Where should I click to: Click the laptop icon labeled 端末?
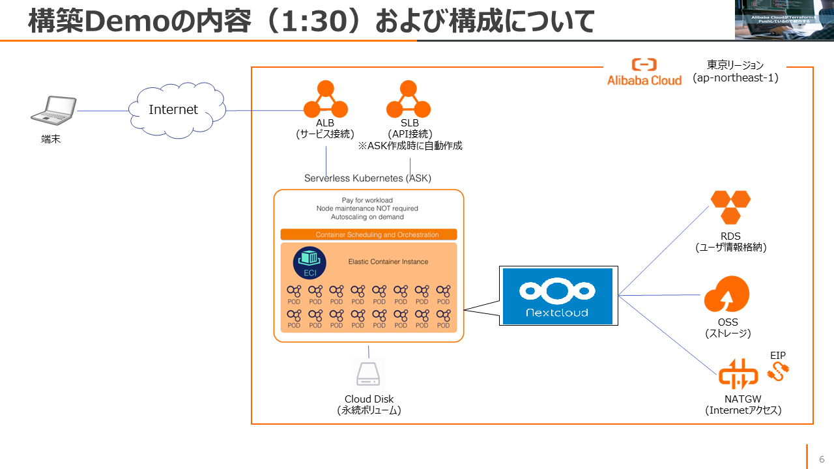pyautogui.click(x=53, y=110)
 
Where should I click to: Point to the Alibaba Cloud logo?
pyautogui.click(x=644, y=72)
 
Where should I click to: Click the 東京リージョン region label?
pyautogui.click(x=735, y=65)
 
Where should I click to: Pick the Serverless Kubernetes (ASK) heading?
pyautogui.click(x=367, y=178)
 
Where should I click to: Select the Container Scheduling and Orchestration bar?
pyautogui.click(x=369, y=234)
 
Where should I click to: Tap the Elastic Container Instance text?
pyautogui.click(x=388, y=262)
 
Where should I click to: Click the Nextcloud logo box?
pyautogui.click(x=557, y=296)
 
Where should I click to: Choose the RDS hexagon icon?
pyautogui.click(x=730, y=207)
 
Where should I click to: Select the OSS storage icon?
pyautogui.click(x=726, y=295)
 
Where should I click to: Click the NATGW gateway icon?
pyautogui.click(x=738, y=375)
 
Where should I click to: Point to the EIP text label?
pyautogui.click(x=778, y=356)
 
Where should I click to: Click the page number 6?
pyautogui.click(x=822, y=459)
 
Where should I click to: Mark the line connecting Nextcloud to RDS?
pyautogui.click(x=663, y=251)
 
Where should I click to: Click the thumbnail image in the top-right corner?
pyautogui.click(x=784, y=20)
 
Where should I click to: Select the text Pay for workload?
pyautogui.click(x=367, y=200)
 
